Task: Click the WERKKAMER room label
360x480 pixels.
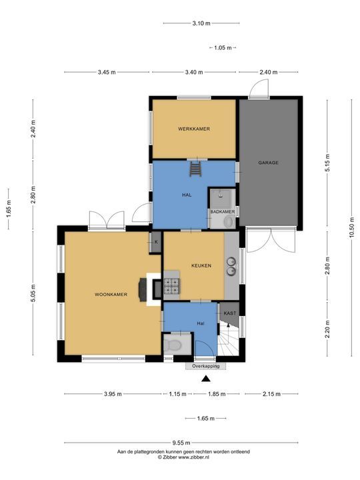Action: click(x=194, y=129)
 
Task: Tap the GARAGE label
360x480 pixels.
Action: click(x=268, y=163)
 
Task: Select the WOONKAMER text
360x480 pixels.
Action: click(x=111, y=295)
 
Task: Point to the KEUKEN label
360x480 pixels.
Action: click(x=201, y=266)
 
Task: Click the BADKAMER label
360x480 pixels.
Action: click(x=223, y=211)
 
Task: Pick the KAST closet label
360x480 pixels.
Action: click(x=230, y=313)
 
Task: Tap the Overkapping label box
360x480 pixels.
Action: click(x=206, y=366)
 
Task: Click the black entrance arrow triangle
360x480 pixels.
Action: click(x=206, y=379)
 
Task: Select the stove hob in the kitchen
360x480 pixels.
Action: click(x=171, y=286)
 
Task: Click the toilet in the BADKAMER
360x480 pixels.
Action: click(x=229, y=221)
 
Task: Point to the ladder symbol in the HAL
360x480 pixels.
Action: click(x=195, y=169)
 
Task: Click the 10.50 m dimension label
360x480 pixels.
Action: click(x=351, y=227)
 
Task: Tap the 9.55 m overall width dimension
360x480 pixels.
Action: click(x=181, y=443)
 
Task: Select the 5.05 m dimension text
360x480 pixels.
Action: click(x=33, y=293)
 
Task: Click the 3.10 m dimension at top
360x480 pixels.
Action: click(x=201, y=23)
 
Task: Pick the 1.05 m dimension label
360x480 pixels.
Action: click(x=223, y=48)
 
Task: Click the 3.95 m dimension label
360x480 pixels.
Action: click(x=113, y=394)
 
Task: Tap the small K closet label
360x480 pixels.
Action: click(x=156, y=242)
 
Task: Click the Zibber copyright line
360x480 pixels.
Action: click(x=183, y=457)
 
